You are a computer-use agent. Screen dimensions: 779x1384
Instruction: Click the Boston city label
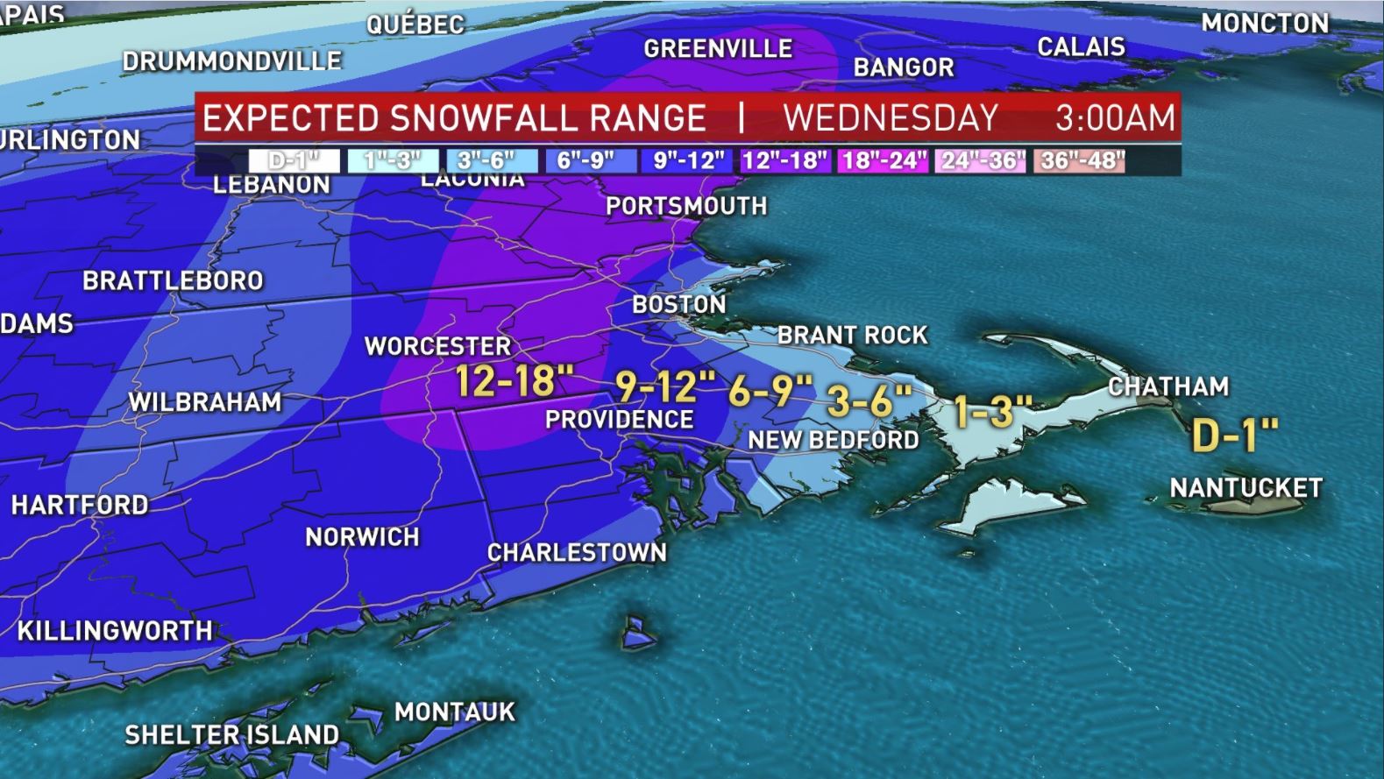tap(679, 305)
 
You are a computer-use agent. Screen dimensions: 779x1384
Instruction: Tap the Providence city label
tap(619, 420)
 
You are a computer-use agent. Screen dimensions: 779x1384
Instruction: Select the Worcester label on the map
tap(437, 346)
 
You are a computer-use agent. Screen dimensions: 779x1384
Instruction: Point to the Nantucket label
tap(1246, 487)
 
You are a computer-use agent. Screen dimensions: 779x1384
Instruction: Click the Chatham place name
tap(1168, 386)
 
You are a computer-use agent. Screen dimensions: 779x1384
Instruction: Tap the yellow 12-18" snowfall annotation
tap(515, 381)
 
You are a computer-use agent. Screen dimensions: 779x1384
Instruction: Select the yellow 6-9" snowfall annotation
tap(770, 391)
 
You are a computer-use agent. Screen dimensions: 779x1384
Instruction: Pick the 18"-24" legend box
tap(884, 161)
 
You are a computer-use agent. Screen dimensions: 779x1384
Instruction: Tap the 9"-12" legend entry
tap(688, 161)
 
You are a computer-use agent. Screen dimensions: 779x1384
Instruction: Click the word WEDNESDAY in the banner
tap(891, 117)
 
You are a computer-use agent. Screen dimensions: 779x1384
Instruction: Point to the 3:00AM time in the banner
tap(1114, 117)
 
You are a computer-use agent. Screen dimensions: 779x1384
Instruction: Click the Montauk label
tap(454, 712)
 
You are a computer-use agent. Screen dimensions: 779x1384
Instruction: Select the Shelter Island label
tap(231, 734)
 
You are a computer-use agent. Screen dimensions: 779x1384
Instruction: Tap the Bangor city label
tap(903, 67)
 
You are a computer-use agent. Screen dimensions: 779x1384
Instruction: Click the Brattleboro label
tap(173, 280)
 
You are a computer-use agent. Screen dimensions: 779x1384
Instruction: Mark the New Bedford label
tap(833, 440)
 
